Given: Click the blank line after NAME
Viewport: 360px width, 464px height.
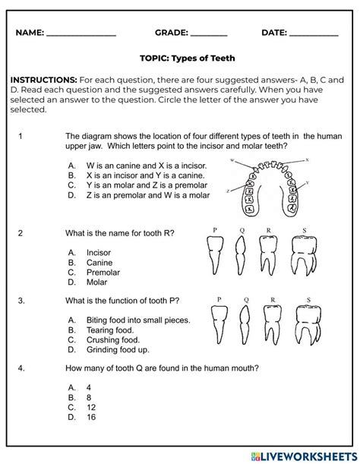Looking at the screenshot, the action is coord(81,35).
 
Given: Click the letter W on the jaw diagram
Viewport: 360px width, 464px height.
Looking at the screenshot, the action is coord(232,161).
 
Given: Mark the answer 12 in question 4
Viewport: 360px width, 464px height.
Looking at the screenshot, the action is coord(92,406).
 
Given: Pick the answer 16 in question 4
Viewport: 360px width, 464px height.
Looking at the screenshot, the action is coord(92,417).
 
